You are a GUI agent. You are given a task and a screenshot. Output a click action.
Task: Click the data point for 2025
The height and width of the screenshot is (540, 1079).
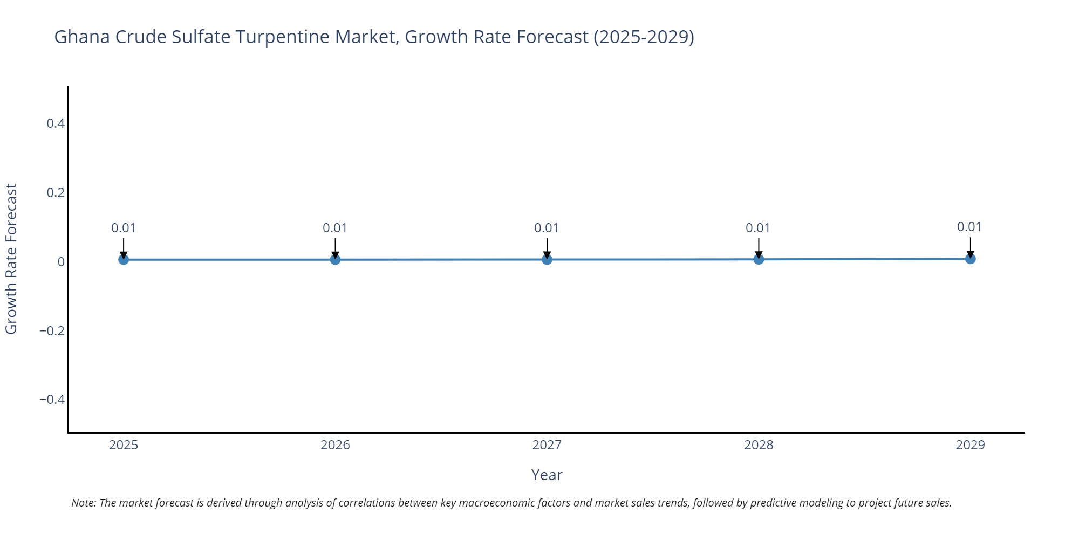(x=124, y=260)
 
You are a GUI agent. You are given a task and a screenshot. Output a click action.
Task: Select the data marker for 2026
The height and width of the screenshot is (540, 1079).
(x=335, y=260)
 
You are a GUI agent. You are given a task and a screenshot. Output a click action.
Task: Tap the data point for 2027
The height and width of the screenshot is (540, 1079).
(x=547, y=260)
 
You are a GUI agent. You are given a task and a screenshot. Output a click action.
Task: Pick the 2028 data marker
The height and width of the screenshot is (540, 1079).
(x=759, y=259)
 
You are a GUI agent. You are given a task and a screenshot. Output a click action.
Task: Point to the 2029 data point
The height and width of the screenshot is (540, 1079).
(x=970, y=259)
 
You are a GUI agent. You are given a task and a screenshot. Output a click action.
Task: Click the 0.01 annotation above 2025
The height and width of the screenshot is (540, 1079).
(x=124, y=228)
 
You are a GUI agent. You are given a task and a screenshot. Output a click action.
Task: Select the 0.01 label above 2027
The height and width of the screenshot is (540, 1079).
(x=547, y=228)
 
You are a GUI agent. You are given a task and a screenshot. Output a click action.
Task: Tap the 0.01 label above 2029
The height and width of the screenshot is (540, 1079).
(x=969, y=227)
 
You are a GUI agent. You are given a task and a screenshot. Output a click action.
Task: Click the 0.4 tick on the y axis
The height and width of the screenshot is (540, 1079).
(x=56, y=124)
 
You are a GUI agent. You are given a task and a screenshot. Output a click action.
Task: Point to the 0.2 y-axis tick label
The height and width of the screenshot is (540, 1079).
(x=56, y=193)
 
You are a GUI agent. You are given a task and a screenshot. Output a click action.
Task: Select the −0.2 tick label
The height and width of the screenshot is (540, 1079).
(x=52, y=330)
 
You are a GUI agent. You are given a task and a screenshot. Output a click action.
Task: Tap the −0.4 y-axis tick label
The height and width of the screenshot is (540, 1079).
(x=52, y=400)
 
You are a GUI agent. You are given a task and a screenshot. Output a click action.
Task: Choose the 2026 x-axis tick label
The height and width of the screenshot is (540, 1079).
(x=335, y=445)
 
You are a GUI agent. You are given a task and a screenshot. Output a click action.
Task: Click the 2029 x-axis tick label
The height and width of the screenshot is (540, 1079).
(x=970, y=445)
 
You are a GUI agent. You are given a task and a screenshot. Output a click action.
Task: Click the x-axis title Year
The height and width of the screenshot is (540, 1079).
(x=547, y=475)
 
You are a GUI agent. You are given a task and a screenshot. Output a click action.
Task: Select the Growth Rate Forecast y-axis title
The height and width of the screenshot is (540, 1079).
(x=11, y=259)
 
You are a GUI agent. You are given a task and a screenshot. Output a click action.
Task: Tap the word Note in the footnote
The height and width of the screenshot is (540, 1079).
(x=83, y=503)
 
